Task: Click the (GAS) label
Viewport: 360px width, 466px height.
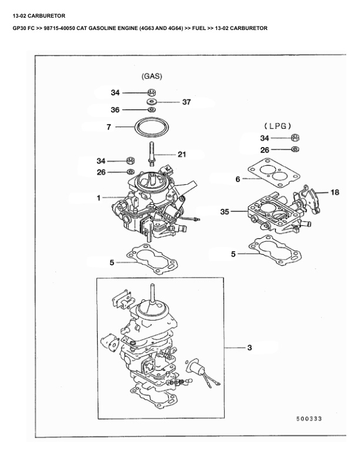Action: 152,76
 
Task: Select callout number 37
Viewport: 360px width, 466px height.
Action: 186,102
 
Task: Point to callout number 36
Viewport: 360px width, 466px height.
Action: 115,109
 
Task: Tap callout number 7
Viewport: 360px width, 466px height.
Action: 109,127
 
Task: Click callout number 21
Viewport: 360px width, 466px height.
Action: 182,155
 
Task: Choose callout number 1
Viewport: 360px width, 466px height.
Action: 99,198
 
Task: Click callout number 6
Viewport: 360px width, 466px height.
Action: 238,179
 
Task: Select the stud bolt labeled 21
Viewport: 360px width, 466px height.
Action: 152,151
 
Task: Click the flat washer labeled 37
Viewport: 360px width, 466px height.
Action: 152,102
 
